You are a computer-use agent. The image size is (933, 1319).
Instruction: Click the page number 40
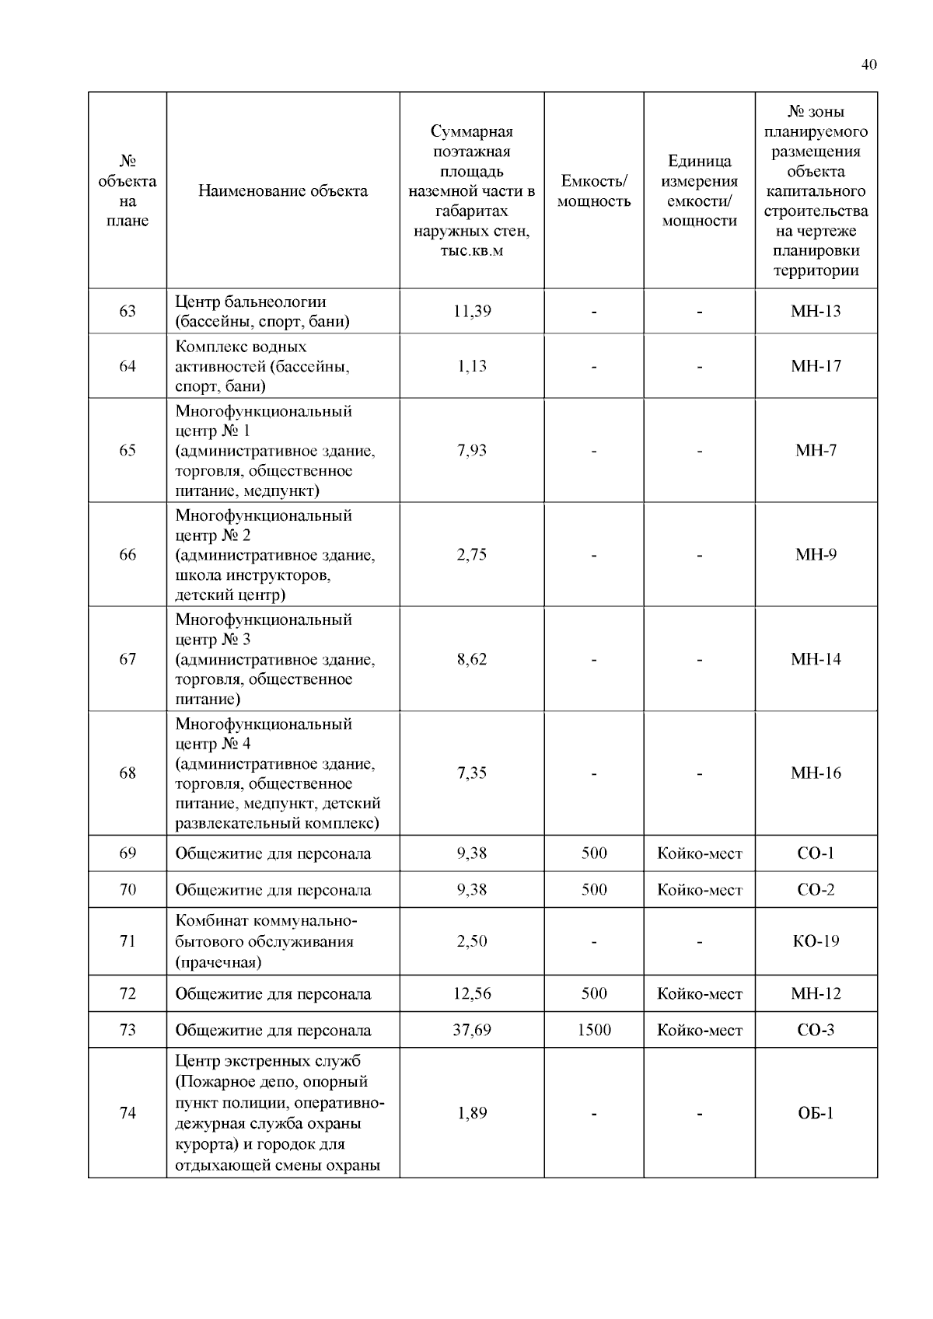pyautogui.click(x=868, y=65)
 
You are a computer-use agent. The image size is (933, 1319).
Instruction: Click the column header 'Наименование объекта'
pyautogui.click(x=283, y=191)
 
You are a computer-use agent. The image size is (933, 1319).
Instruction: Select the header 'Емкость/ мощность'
pyautogui.click(x=593, y=191)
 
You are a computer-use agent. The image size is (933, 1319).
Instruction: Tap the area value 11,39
pyautogui.click(x=472, y=312)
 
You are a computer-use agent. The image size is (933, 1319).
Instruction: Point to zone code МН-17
pyautogui.click(x=816, y=366)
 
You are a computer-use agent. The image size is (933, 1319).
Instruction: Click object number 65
pyautogui.click(x=128, y=451)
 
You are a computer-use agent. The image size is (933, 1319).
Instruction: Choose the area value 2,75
pyautogui.click(x=472, y=555)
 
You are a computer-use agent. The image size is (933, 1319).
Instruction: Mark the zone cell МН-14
pyautogui.click(x=816, y=659)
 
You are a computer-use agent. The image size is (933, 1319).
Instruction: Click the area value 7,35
pyautogui.click(x=472, y=773)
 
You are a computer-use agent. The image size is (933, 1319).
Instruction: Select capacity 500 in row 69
pyautogui.click(x=594, y=853)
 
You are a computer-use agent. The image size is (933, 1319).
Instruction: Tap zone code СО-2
pyautogui.click(x=816, y=890)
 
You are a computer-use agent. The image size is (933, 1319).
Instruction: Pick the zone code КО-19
pyautogui.click(x=816, y=942)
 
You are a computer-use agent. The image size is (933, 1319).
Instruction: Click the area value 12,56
pyautogui.click(x=472, y=994)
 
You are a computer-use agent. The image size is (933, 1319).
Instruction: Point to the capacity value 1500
pyautogui.click(x=594, y=1031)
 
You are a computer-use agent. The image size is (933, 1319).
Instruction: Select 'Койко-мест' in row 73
pyautogui.click(x=700, y=1031)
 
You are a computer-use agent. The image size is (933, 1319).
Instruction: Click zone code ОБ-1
pyautogui.click(x=816, y=1113)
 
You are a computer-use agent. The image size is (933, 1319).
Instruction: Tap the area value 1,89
pyautogui.click(x=472, y=1113)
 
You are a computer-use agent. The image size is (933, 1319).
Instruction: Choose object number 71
pyautogui.click(x=128, y=942)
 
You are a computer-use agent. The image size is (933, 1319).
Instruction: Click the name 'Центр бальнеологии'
pyautogui.click(x=250, y=302)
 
